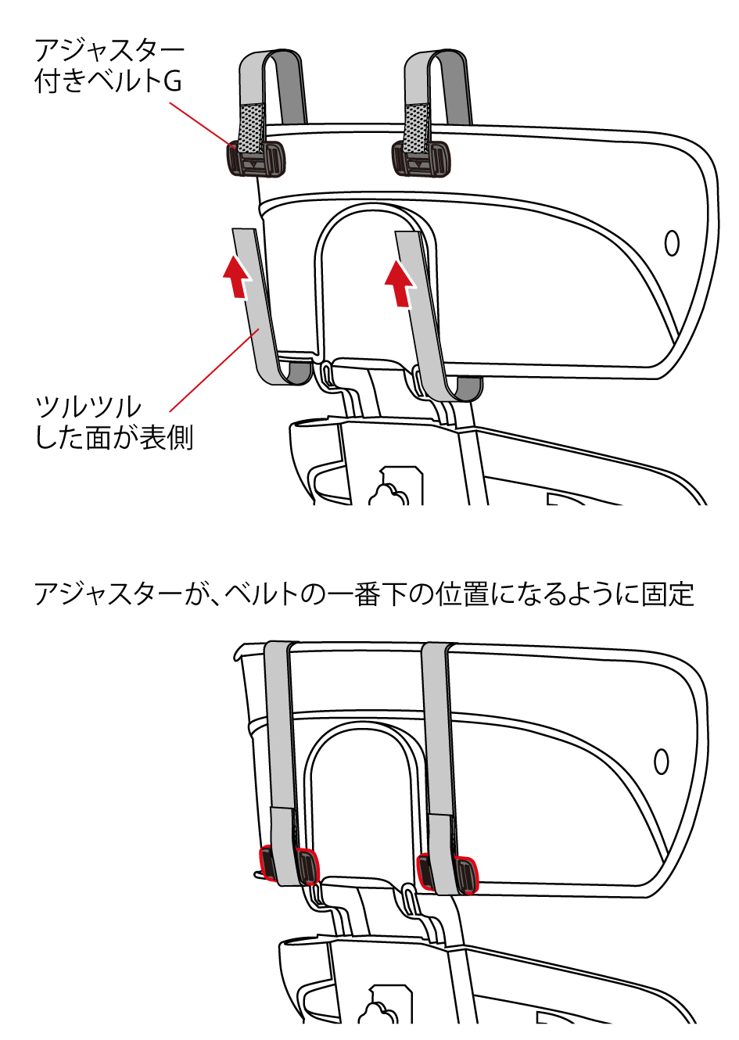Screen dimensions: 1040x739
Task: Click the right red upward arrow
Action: (399, 282)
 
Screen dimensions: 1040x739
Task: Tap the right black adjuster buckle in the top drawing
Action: (421, 160)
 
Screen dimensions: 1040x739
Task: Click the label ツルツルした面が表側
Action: (113, 422)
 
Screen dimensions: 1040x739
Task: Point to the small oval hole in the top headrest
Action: (671, 243)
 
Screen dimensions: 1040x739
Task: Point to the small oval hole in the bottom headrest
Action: (661, 761)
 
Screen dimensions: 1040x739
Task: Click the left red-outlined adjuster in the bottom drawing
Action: (288, 866)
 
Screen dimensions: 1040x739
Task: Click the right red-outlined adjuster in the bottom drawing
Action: (446, 873)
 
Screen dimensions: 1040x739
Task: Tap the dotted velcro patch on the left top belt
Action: (250, 126)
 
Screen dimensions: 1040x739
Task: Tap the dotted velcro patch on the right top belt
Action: (416, 125)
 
